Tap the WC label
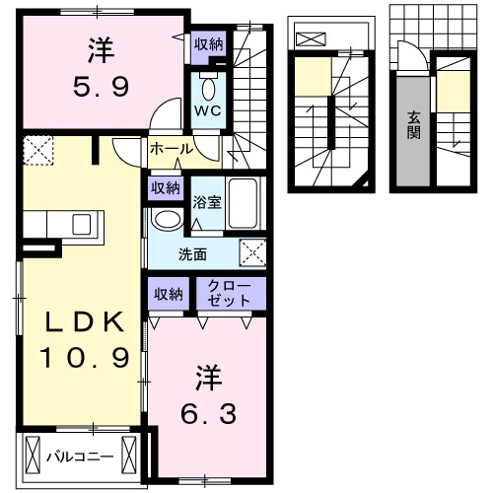[207, 110]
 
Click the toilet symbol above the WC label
[207, 82]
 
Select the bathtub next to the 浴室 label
[243, 204]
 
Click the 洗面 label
[192, 253]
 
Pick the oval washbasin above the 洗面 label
[167, 219]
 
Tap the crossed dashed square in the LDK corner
[38, 153]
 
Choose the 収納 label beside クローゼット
[168, 293]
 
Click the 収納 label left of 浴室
[165, 187]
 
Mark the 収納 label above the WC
[207, 43]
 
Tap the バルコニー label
[80, 457]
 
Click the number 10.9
[84, 357]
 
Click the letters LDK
[83, 322]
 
